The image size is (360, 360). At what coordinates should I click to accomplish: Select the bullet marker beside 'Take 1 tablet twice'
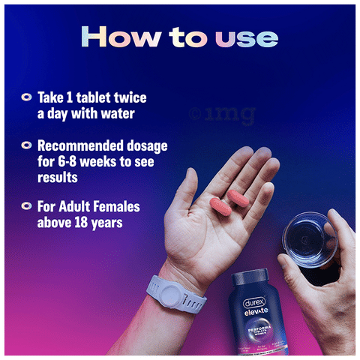[26, 97]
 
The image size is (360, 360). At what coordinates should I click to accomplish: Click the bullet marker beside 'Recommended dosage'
[26, 145]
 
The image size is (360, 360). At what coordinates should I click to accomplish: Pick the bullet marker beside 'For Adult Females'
[26, 205]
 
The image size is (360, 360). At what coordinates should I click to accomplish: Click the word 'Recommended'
[81, 145]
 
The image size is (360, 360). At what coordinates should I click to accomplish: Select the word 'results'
[58, 178]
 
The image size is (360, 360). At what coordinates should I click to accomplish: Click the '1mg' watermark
[224, 114]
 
